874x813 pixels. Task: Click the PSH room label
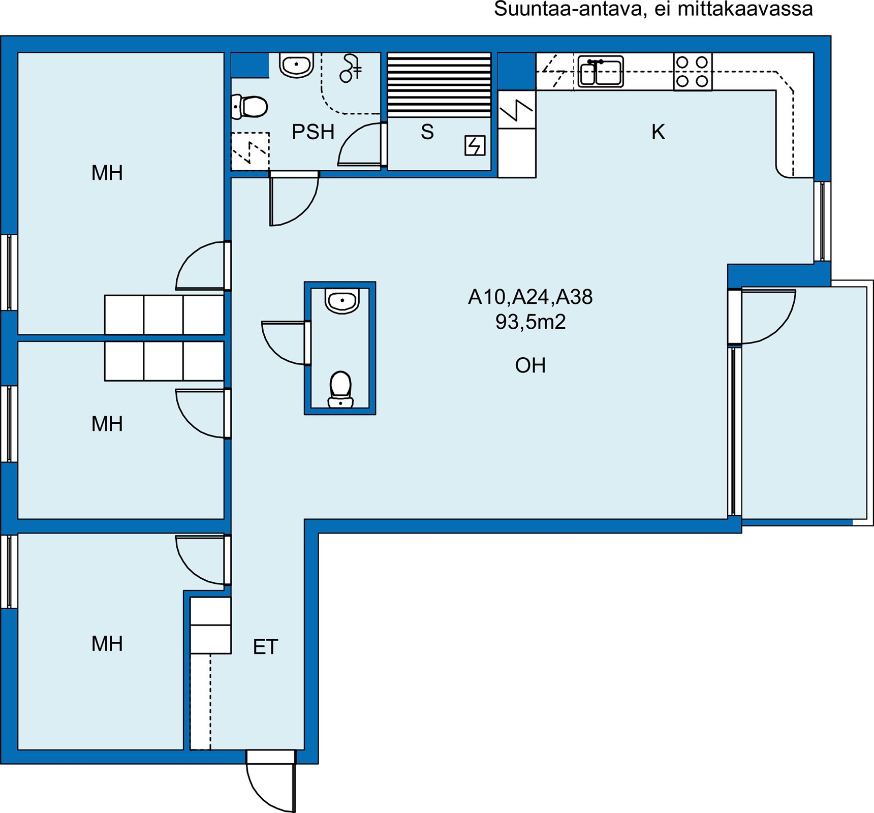(313, 132)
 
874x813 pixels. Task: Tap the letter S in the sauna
(427, 132)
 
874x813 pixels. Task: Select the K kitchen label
(658, 132)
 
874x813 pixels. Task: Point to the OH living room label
(530, 365)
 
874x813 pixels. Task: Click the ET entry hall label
(266, 647)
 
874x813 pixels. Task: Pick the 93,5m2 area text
(530, 322)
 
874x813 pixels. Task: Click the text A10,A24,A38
(530, 297)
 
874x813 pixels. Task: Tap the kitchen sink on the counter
(601, 71)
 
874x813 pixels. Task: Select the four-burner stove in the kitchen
(693, 72)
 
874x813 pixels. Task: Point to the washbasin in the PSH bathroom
(296, 66)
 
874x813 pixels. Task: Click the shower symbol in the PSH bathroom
(351, 68)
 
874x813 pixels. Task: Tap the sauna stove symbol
(475, 146)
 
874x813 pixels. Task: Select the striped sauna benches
(439, 85)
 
